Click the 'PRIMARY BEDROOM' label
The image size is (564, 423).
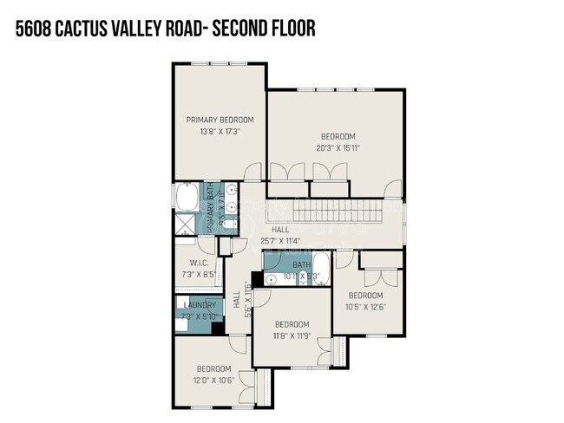[x=220, y=120]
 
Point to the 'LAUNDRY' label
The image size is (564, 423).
[x=199, y=304]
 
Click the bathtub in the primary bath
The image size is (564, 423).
[x=185, y=198]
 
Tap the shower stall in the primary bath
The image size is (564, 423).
[x=184, y=226]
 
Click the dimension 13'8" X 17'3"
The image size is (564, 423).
[x=220, y=132]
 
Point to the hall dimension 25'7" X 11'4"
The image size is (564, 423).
[x=280, y=240]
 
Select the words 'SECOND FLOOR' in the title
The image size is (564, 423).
[x=268, y=29]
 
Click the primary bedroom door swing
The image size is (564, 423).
[x=252, y=173]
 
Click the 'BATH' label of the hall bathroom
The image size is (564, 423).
[x=301, y=265]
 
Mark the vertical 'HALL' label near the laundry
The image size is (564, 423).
[x=236, y=299]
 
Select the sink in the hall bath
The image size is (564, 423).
[x=273, y=278]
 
